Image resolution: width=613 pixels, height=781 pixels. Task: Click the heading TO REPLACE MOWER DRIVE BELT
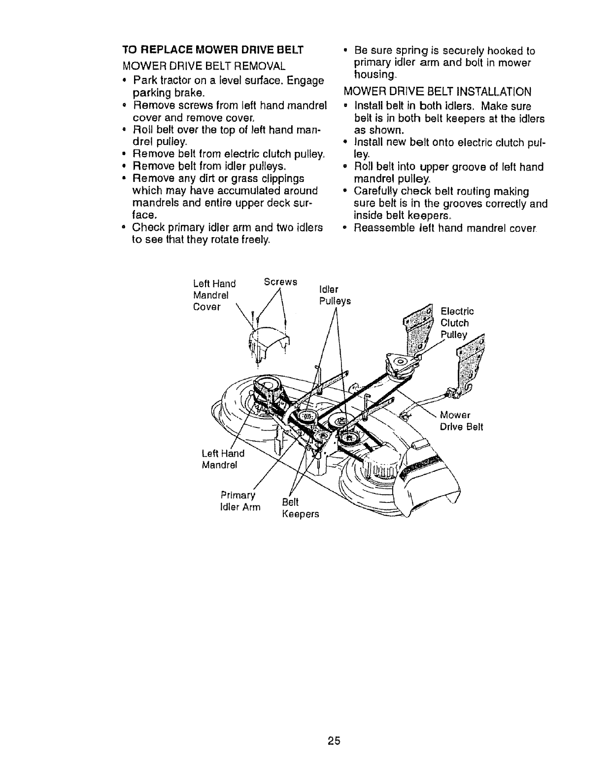[212, 50]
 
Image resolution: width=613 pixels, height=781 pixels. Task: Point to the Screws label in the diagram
[280, 282]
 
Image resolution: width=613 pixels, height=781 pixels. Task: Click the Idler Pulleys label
[335, 295]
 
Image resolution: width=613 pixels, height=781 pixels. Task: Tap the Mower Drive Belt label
[461, 420]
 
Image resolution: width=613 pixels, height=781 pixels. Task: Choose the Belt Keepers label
[300, 508]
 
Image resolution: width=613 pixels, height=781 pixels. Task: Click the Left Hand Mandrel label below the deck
[223, 459]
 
